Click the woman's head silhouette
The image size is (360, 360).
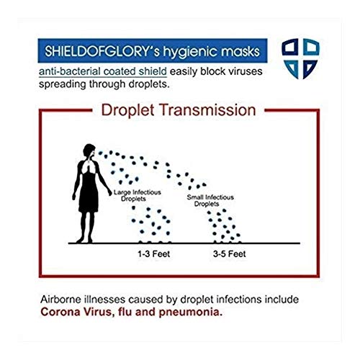coord(89,153)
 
